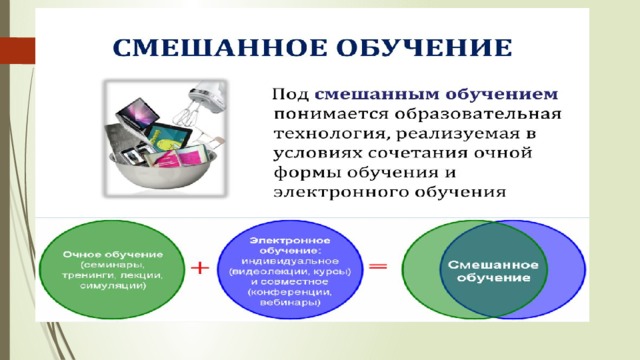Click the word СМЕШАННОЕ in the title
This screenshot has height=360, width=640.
220,48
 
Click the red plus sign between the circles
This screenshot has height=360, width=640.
200,268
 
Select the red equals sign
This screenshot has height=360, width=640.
378,267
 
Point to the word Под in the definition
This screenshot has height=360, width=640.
291,94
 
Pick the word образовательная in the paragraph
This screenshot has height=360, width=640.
478,114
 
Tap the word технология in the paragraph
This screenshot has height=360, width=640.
330,134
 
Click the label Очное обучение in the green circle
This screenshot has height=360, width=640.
113,255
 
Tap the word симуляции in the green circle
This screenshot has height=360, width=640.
113,286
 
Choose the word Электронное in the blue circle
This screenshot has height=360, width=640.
290,240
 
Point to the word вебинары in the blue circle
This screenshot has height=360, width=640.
290,303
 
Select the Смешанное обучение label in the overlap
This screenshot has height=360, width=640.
493,271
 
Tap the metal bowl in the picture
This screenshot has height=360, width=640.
163,172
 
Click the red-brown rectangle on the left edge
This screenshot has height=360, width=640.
18,51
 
